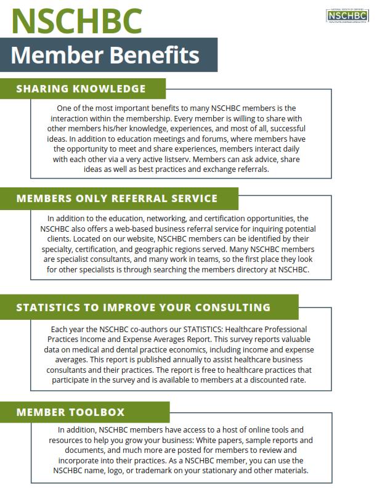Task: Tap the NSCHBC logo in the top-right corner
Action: click(346, 15)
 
